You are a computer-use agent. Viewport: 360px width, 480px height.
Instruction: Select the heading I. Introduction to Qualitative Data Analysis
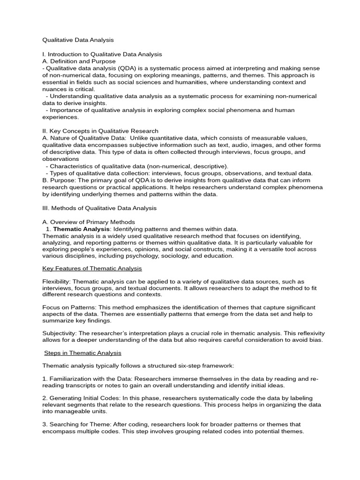pyautogui.click(x=102, y=54)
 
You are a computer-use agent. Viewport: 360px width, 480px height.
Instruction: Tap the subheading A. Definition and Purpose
pyautogui.click(x=79, y=61)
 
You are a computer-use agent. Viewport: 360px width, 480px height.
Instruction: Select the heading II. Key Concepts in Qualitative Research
pyautogui.click(x=100, y=131)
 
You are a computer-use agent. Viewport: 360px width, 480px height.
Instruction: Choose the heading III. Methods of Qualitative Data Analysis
pyautogui.click(x=99, y=208)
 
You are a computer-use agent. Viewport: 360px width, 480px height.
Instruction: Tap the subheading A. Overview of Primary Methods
pyautogui.click(x=89, y=222)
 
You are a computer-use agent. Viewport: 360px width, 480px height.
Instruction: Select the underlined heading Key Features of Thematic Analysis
pyautogui.click(x=92, y=269)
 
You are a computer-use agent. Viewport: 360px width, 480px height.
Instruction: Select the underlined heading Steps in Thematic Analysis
pyautogui.click(x=82, y=352)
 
